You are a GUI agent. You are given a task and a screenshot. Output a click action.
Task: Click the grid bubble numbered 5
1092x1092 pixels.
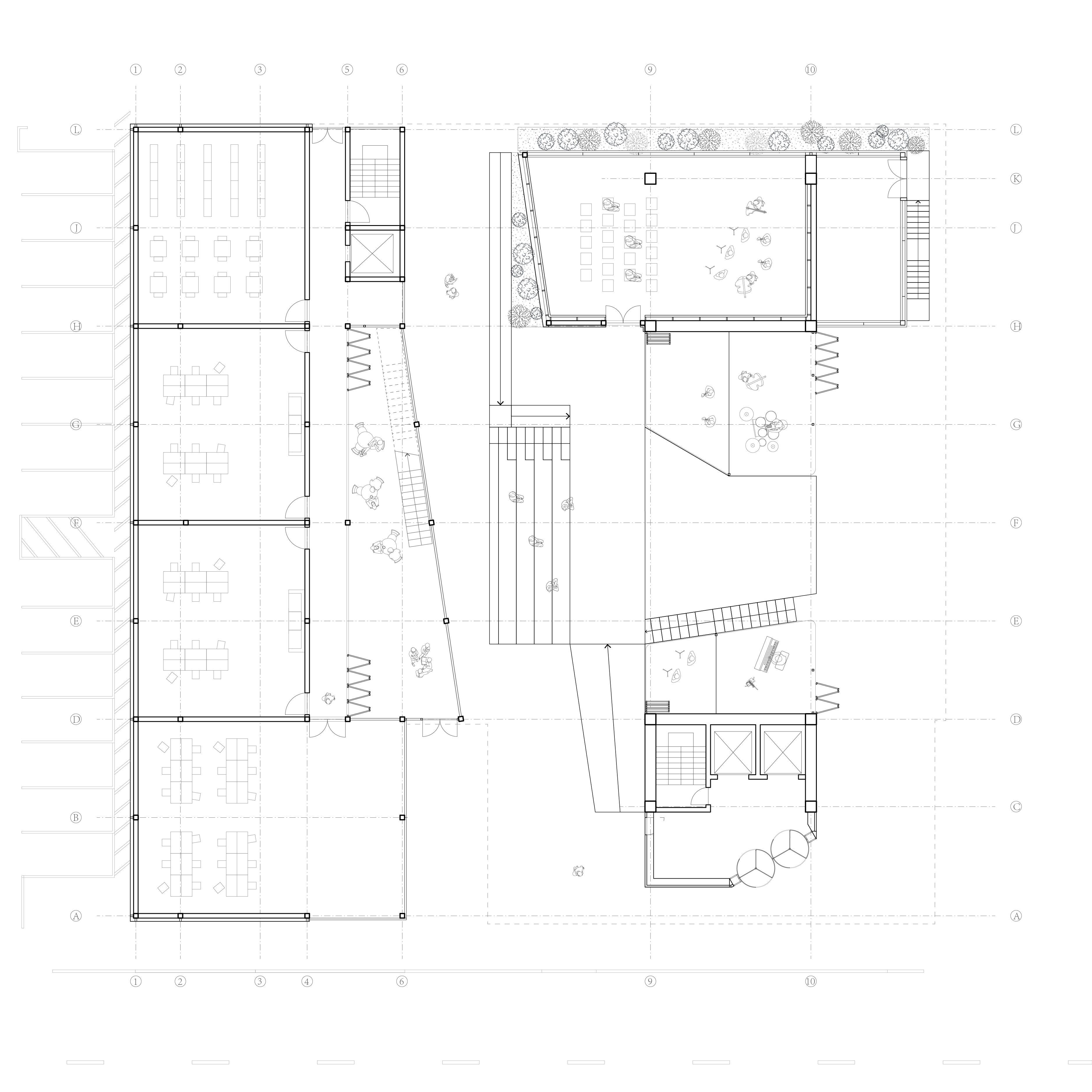pos(347,70)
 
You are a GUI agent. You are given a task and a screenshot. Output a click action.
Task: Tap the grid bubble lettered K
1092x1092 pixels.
pos(1016,179)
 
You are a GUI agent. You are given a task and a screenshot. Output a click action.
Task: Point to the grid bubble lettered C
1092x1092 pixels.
pos(1016,807)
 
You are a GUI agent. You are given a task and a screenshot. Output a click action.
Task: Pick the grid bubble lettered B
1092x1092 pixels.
pos(76,817)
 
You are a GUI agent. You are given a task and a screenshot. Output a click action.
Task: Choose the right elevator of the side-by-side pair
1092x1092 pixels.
pos(782,752)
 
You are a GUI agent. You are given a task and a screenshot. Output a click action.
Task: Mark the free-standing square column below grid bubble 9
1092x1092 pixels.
pos(650,179)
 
